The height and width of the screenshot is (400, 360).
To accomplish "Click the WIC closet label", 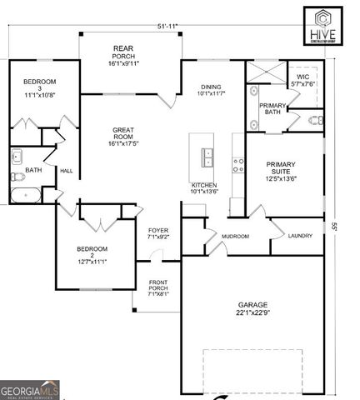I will (x=302, y=81).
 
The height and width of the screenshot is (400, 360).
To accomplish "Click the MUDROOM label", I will (x=235, y=237).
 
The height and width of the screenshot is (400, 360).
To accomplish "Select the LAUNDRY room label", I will (x=300, y=236).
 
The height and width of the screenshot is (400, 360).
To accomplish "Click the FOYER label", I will (x=158, y=233).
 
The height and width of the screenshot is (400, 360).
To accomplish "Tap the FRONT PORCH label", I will (x=158, y=288).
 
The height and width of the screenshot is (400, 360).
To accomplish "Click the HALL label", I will (x=66, y=171).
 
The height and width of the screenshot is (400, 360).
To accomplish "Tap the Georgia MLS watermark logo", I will (x=30, y=390).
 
